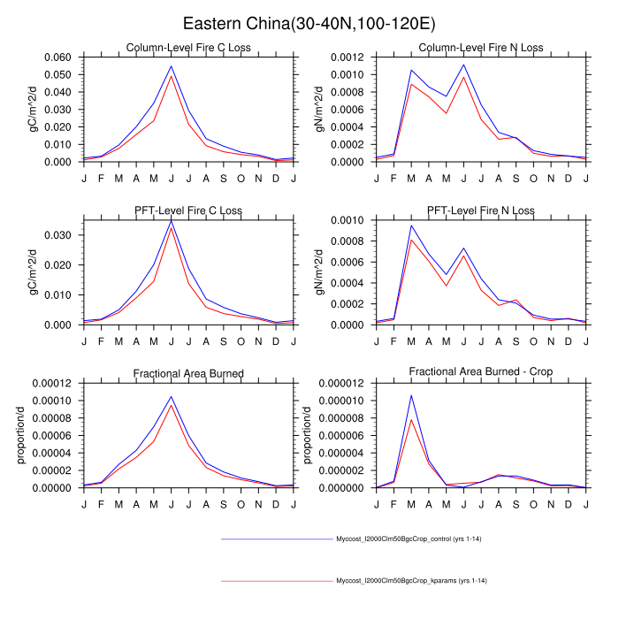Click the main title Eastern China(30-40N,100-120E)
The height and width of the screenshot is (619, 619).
coord(309,24)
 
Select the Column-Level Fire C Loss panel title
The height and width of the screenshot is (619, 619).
coord(188,48)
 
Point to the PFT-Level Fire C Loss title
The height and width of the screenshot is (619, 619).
coord(188,210)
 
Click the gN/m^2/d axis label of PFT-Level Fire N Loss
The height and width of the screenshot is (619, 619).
coord(319,271)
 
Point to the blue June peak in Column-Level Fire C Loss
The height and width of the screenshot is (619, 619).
coord(171,65)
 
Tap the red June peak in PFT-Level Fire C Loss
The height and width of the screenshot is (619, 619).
coord(171,228)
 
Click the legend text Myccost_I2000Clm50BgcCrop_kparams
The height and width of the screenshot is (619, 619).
coord(412,581)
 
